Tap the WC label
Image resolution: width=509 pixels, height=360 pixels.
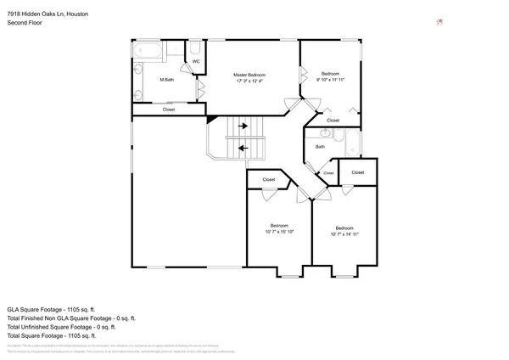coord(195,61)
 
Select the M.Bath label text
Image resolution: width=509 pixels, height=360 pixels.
coord(167,80)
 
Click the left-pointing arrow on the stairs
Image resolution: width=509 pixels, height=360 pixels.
coord(243,148)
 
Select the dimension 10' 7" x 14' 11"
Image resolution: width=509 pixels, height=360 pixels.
coord(344,234)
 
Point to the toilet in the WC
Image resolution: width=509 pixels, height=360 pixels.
coord(195,48)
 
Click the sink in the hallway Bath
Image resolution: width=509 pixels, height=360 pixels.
coord(325,133)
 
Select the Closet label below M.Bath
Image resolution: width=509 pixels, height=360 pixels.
coord(169,110)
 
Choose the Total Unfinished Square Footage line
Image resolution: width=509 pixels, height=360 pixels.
coord(68,327)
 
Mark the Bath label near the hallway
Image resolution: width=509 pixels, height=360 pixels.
coord(320,147)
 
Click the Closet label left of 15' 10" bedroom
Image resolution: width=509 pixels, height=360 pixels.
coord(268,180)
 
